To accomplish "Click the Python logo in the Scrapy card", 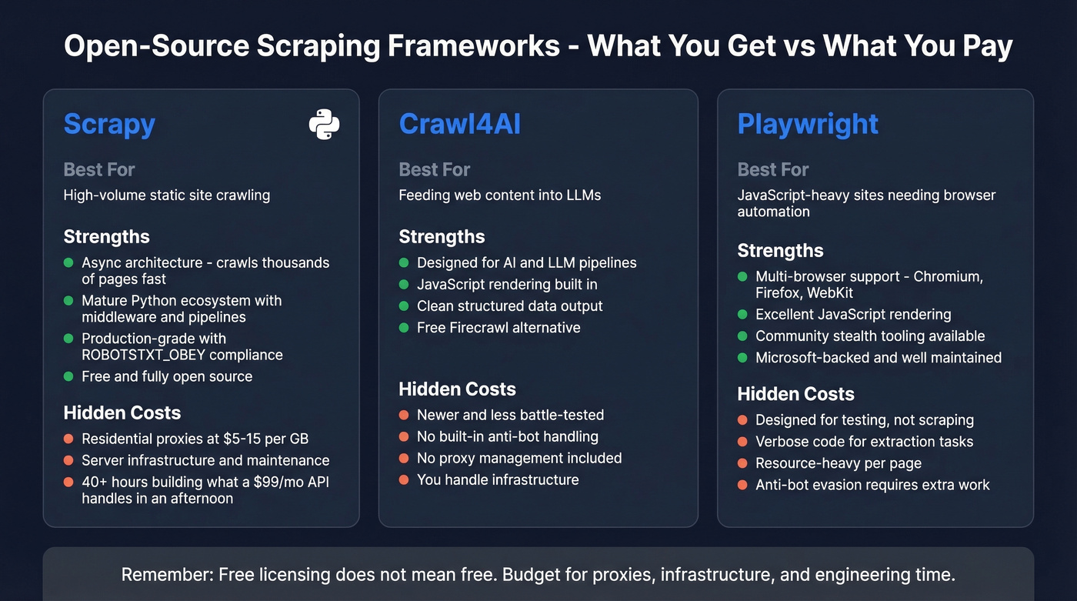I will pyautogui.click(x=324, y=124).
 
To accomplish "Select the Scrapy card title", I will pyautogui.click(x=109, y=124).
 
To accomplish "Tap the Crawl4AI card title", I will pyautogui.click(x=459, y=124).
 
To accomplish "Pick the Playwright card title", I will pyautogui.click(x=808, y=124).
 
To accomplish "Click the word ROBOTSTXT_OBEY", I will pyautogui.click(x=132, y=355).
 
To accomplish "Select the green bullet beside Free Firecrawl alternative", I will pyautogui.click(x=403, y=328).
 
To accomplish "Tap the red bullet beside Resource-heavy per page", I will pyautogui.click(x=742, y=463).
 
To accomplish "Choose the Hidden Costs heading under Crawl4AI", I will pyautogui.click(x=457, y=389).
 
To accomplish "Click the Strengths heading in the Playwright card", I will pyautogui.click(x=780, y=250).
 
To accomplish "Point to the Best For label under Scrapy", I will pyautogui.click(x=99, y=169).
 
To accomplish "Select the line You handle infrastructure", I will pyautogui.click(x=497, y=479).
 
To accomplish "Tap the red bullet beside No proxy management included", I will pyautogui.click(x=403, y=458).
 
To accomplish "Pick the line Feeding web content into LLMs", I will pyautogui.click(x=499, y=195).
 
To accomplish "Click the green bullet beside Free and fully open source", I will pyautogui.click(x=68, y=376).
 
